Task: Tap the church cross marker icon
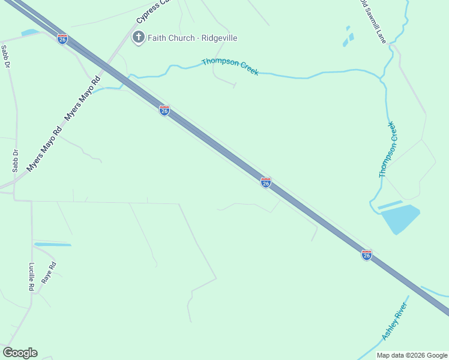coord(139,38)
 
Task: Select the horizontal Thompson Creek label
coord(231,66)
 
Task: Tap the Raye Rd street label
coord(48,273)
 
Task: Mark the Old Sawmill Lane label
coord(373,21)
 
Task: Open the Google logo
coord(20,353)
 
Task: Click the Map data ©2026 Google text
coord(412,355)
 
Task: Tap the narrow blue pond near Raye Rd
coord(53,244)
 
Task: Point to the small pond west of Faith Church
coord(29,32)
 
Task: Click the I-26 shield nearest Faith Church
coord(62,39)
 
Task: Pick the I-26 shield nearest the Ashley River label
coord(367,255)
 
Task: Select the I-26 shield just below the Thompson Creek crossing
coord(164,110)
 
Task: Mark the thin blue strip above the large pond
coord(390,205)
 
